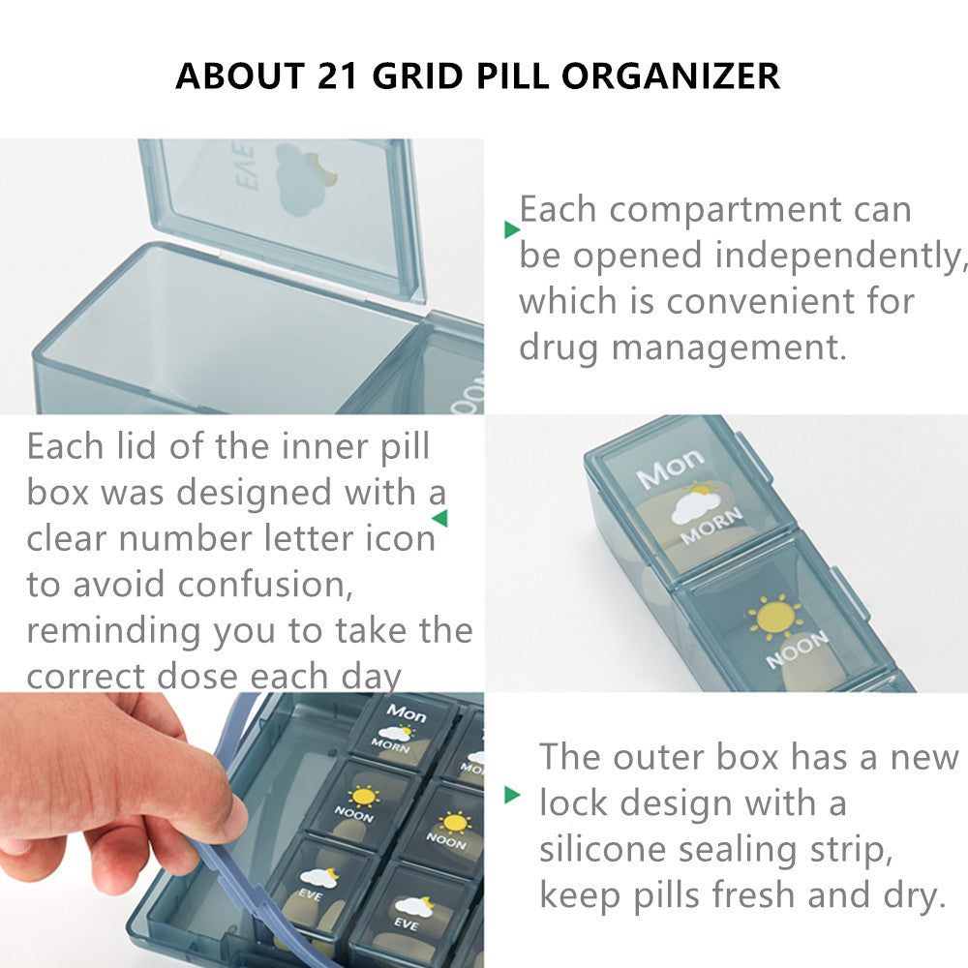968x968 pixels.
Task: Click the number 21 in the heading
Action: tap(338, 76)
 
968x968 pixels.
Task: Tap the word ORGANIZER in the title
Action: tap(671, 76)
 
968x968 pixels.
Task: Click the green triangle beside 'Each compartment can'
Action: tap(512, 229)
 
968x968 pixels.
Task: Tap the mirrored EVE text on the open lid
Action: tap(245, 166)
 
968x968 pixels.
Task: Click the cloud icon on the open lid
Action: tap(301, 180)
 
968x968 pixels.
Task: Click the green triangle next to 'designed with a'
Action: tap(440, 518)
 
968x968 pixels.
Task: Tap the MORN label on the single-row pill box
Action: tap(711, 527)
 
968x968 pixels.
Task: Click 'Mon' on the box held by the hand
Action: tap(407, 713)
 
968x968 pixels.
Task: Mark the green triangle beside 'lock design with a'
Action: tap(512, 795)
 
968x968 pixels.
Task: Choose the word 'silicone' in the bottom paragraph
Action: tap(602, 850)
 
